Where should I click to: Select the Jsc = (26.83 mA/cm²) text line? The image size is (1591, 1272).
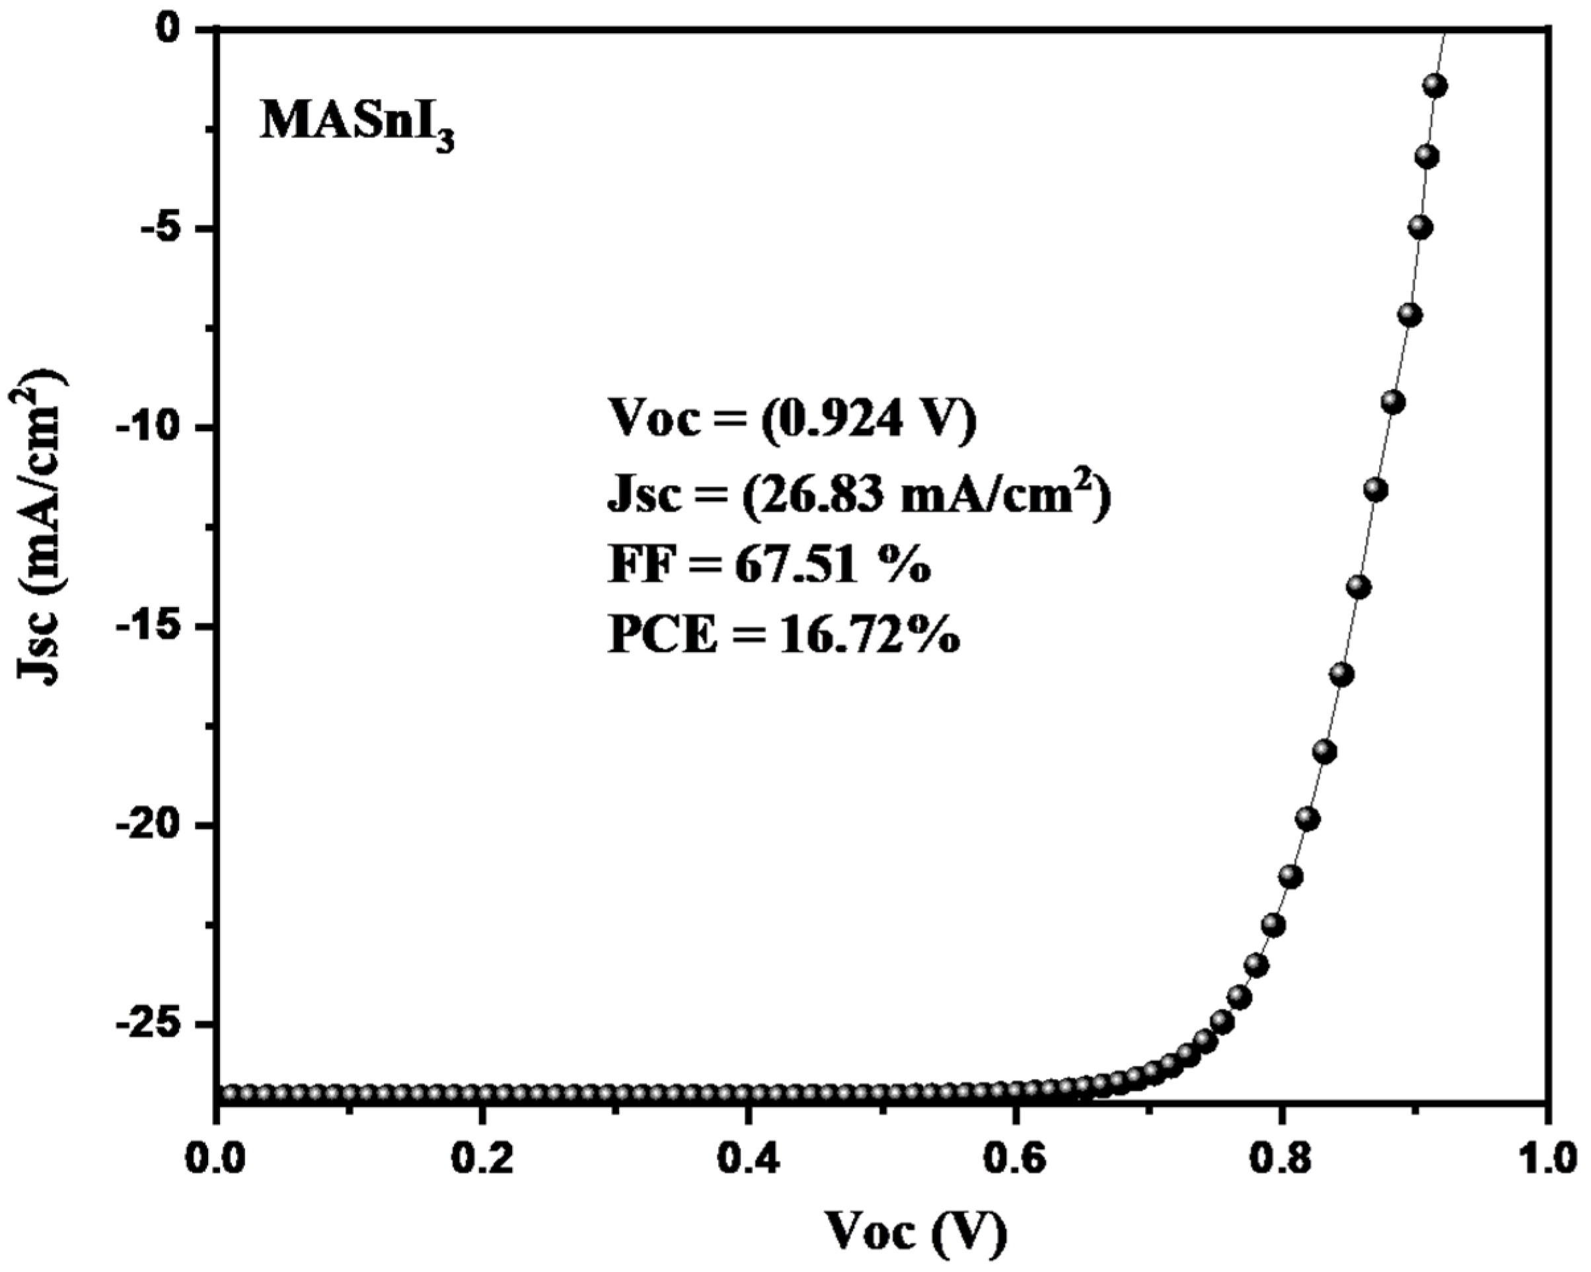click(x=859, y=495)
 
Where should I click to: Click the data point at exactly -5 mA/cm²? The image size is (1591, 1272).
click(x=1421, y=228)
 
